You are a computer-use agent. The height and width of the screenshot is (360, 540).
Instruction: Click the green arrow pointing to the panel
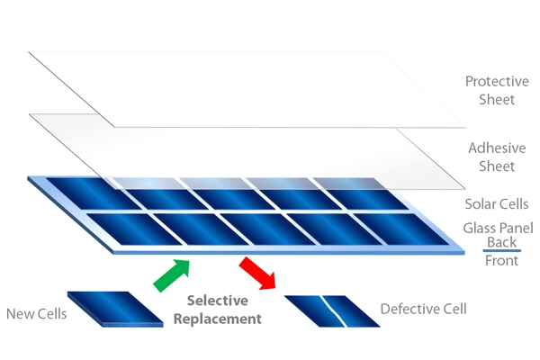coord(172,274)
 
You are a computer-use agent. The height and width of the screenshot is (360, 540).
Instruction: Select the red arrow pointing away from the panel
coord(259,274)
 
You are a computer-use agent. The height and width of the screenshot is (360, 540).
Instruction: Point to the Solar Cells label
coord(496,204)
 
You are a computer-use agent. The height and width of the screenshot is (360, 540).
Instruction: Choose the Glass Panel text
coord(496,228)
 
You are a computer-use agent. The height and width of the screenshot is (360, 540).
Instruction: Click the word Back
coord(501,243)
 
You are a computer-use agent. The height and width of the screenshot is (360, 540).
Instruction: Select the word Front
coord(501,262)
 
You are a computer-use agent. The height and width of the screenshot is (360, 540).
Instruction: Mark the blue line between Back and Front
coord(501,252)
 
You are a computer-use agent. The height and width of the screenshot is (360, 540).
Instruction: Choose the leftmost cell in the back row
coord(79,191)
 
